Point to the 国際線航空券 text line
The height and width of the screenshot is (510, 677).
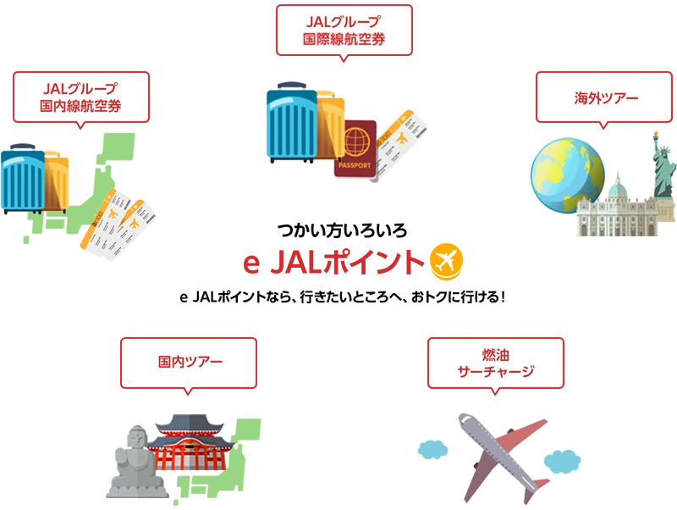pos(344,38)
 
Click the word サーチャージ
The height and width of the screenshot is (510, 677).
pos(496,371)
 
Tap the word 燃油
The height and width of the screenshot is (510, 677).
pos(495,353)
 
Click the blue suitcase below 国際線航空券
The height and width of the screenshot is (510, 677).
pos(292,122)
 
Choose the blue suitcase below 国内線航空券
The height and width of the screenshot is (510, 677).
pos(23,179)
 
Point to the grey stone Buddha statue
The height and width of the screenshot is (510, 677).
pos(131,461)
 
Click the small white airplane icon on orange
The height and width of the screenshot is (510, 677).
pos(445,261)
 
